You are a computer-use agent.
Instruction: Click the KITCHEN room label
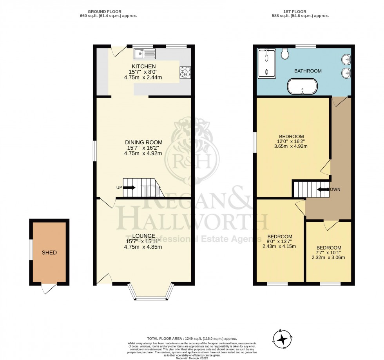click(144, 66)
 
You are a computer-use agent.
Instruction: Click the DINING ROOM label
click(144, 142)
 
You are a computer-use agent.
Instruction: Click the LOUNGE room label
click(144, 236)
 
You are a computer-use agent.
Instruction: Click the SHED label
click(49, 253)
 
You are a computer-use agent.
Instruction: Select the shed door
click(49, 288)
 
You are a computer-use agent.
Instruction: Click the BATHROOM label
click(308, 71)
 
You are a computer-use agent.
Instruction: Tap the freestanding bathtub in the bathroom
click(302, 87)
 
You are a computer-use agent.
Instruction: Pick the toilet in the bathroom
click(285, 54)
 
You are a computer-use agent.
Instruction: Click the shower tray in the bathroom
click(266, 62)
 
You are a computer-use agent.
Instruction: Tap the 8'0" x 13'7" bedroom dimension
click(279, 241)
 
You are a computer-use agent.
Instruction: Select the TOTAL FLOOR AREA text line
click(192, 338)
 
